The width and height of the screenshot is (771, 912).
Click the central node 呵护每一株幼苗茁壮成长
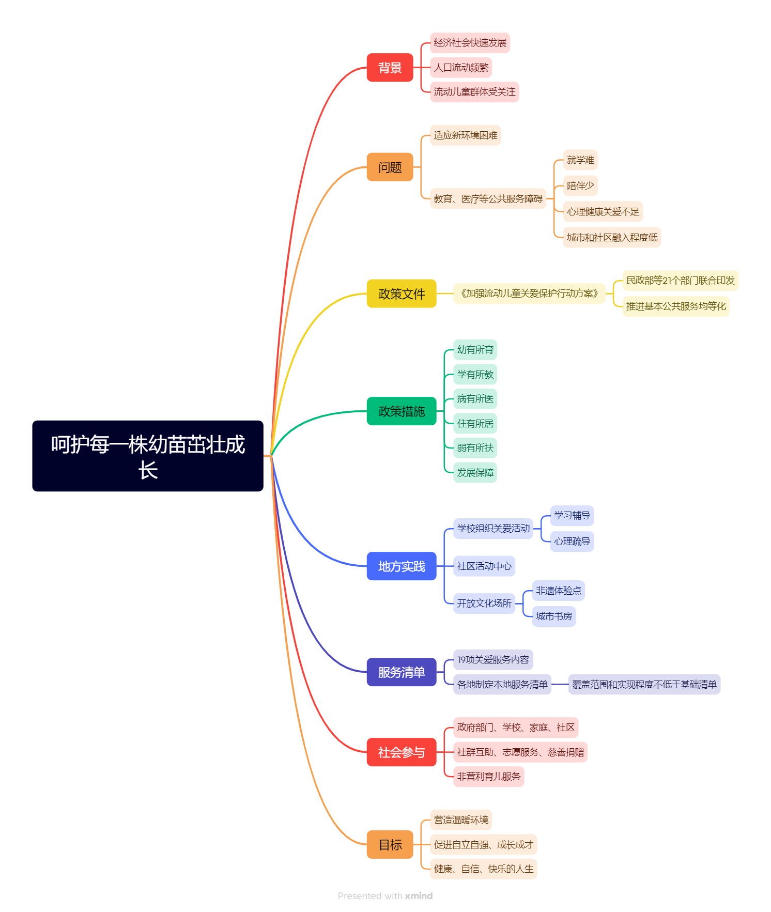click(148, 456)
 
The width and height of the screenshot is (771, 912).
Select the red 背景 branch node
click(390, 68)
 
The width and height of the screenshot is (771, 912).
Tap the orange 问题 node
click(390, 167)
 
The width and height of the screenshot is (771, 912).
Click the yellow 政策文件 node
click(401, 293)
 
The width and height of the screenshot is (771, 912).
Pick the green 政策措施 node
click(401, 411)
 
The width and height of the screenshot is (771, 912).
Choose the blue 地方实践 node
click(401, 566)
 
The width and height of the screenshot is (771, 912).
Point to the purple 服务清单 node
click(401, 672)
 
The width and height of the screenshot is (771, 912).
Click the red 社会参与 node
click(401, 752)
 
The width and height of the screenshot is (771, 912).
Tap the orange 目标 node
click(390, 845)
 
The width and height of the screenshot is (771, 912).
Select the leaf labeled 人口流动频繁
click(461, 68)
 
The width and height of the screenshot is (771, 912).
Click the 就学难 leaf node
click(580, 160)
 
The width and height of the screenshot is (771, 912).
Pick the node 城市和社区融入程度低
click(612, 238)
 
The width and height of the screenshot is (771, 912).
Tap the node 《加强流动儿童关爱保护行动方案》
click(529, 293)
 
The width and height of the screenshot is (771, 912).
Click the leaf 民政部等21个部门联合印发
click(680, 281)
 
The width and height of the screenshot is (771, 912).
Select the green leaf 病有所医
click(475, 399)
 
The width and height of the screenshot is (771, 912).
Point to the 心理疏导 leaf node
click(572, 542)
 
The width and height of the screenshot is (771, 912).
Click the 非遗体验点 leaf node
click(559, 591)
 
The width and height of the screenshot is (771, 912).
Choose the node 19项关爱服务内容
click(493, 660)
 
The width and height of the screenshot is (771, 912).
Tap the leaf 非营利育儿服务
click(488, 777)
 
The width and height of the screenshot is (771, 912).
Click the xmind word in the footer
click(419, 896)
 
